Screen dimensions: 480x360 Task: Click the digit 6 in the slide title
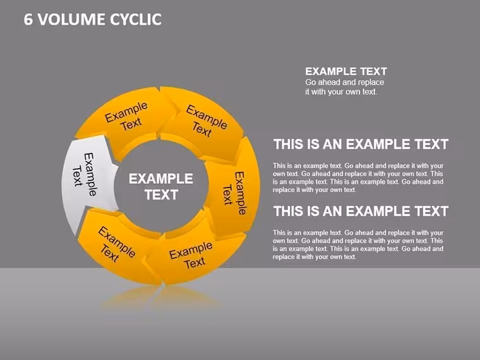28,20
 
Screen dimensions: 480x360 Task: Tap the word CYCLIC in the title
136,20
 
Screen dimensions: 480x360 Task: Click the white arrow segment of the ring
89,177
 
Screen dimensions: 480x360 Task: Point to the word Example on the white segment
90,174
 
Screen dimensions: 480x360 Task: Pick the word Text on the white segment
77,176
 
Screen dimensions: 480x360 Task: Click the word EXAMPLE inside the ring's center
160,179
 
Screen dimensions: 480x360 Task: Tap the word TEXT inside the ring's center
161,195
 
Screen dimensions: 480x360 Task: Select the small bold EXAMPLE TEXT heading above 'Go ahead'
346,71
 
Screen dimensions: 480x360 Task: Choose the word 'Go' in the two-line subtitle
310,82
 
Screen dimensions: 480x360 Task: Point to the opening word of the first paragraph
279,166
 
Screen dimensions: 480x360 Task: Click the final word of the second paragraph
351,257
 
